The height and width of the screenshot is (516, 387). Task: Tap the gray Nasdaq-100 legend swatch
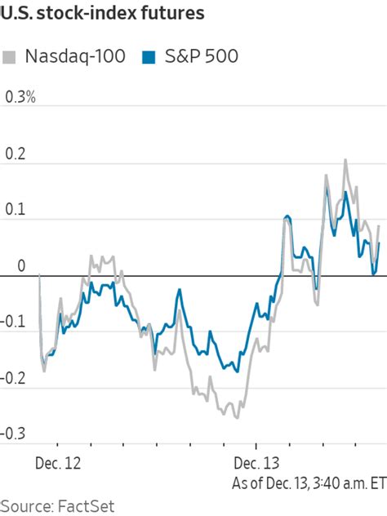click(11, 57)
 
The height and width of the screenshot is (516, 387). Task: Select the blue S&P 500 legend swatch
click(149, 57)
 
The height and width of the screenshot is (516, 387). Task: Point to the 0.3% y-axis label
click(21, 97)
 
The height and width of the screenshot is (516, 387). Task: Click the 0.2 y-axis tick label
click(16, 153)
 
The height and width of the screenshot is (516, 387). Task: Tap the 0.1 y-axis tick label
click(16, 210)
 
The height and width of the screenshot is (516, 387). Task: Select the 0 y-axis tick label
click(21, 266)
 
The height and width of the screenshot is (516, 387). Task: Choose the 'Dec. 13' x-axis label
click(256, 463)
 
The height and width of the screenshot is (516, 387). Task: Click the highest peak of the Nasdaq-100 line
click(345, 160)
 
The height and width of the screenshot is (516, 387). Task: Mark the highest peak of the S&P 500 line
click(346, 192)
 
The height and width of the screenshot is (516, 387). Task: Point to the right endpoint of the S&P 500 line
click(380, 242)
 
